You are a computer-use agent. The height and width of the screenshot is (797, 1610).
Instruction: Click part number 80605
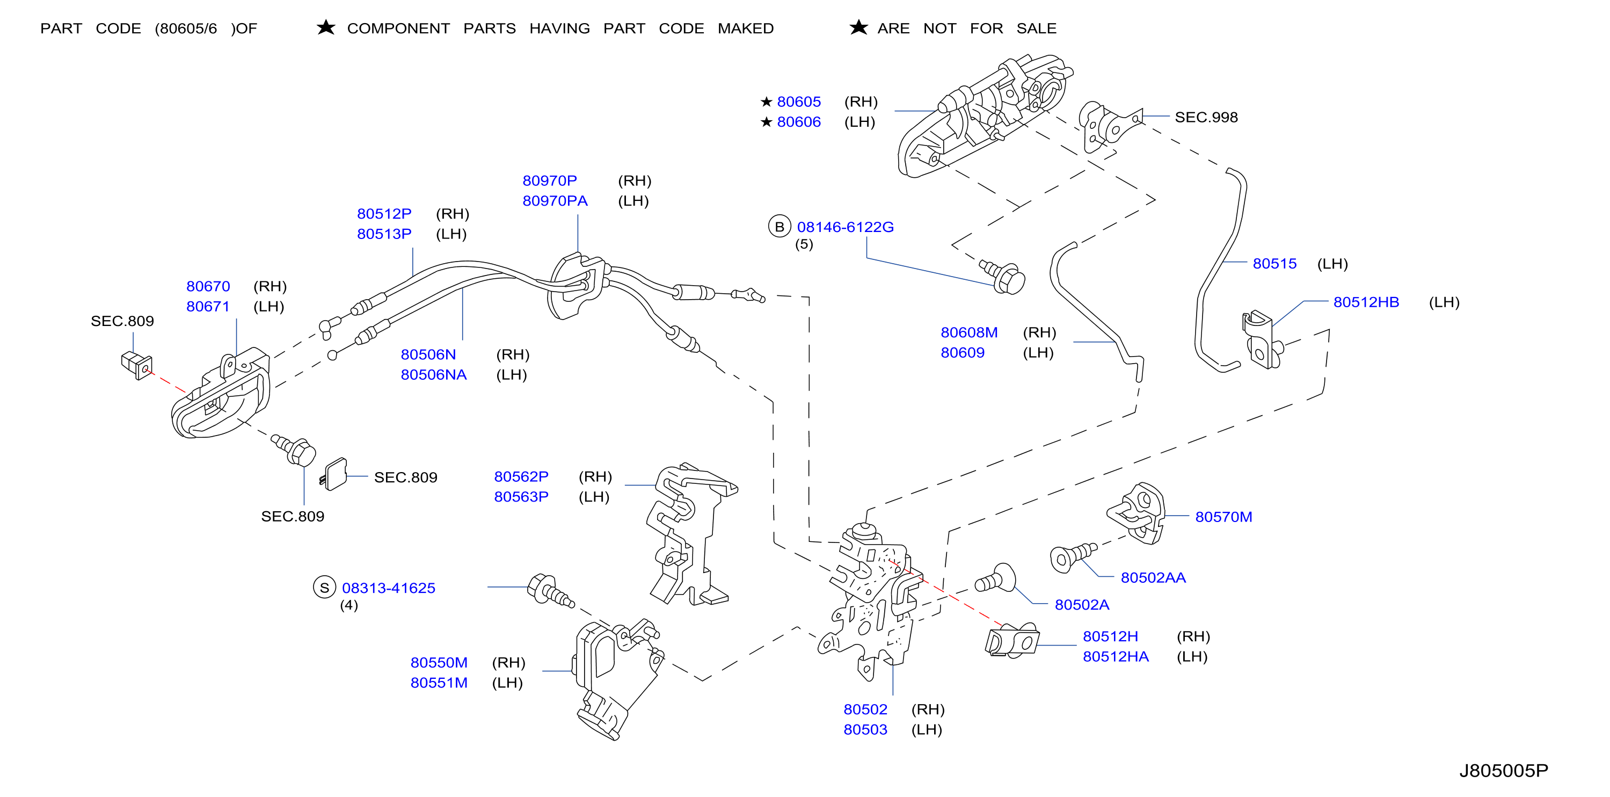pyautogui.click(x=798, y=102)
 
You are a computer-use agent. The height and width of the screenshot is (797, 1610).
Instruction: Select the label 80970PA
pyautogui.click(x=555, y=201)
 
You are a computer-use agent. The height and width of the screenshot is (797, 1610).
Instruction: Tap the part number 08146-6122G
pyautogui.click(x=845, y=227)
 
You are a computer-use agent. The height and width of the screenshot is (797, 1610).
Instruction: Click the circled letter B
pyautogui.click(x=779, y=226)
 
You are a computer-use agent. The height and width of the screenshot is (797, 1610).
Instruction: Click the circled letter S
pyautogui.click(x=324, y=588)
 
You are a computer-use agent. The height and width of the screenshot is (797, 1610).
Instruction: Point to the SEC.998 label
pyautogui.click(x=1206, y=117)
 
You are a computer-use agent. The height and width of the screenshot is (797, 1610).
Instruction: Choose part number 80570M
pyautogui.click(x=1223, y=517)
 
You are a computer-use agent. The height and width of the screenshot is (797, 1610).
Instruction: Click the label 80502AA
pyautogui.click(x=1153, y=577)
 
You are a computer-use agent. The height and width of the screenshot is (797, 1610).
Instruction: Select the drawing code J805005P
pyautogui.click(x=1503, y=771)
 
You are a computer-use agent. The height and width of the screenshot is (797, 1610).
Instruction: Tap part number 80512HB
pyautogui.click(x=1366, y=302)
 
